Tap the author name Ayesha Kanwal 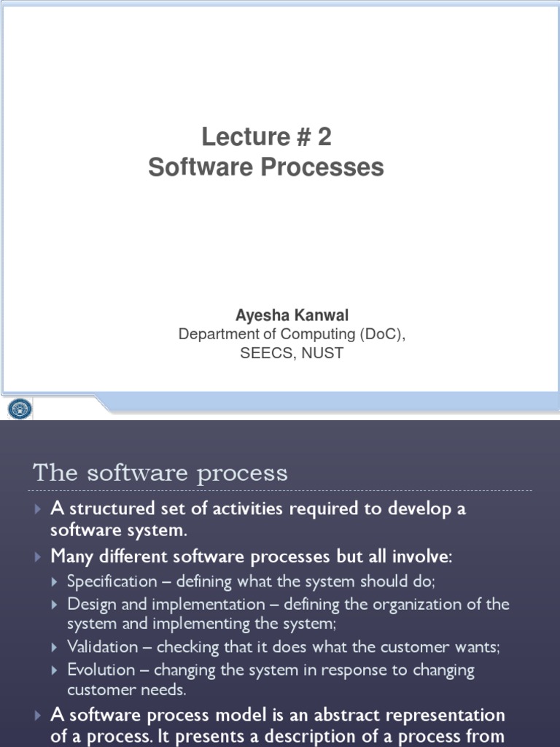click(x=292, y=315)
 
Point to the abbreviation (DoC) click(x=379, y=334)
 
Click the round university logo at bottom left click(x=20, y=409)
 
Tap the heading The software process click(x=160, y=473)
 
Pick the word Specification click(x=112, y=581)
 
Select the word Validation click(x=103, y=646)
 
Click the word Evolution click(x=101, y=670)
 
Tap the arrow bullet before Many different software click(x=39, y=557)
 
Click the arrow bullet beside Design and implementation click(x=57, y=605)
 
